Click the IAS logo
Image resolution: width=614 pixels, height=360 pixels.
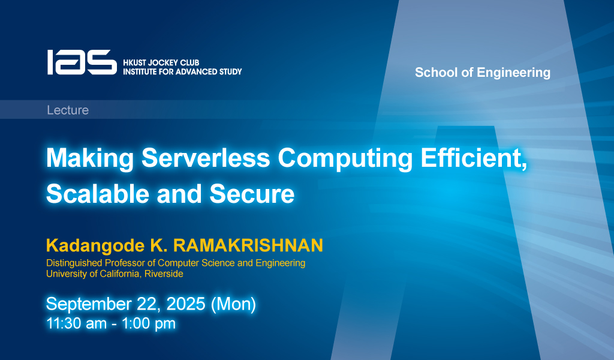pyautogui.click(x=82, y=62)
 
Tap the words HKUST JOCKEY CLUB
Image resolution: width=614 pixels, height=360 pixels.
pyautogui.click(x=161, y=62)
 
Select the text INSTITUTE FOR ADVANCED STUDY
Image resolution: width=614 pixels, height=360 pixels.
pyautogui.click(x=182, y=71)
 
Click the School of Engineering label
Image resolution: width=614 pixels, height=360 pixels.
pyautogui.click(x=483, y=73)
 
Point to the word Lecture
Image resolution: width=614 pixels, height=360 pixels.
pyautogui.click(x=68, y=110)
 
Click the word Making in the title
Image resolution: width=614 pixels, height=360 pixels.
pyautogui.click(x=91, y=158)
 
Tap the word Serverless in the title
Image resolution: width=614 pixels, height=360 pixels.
pyautogui.click(x=206, y=158)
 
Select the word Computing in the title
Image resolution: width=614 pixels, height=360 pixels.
pyautogui.click(x=345, y=158)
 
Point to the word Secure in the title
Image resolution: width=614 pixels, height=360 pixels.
pyautogui.click(x=252, y=194)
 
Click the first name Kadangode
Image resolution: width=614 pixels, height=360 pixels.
pyautogui.click(x=95, y=246)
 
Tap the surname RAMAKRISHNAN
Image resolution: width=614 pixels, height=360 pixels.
pyautogui.click(x=248, y=245)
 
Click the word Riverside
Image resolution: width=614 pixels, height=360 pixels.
pyautogui.click(x=164, y=274)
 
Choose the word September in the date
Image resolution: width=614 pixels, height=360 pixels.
pyautogui.click(x=89, y=304)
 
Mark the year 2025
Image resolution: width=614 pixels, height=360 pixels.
pyautogui.click(x=186, y=304)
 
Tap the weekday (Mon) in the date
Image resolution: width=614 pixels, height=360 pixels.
pyautogui.click(x=233, y=304)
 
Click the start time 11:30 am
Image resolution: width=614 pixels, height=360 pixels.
pyautogui.click(x=76, y=323)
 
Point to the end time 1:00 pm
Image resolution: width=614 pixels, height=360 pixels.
pyautogui.click(x=149, y=324)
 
